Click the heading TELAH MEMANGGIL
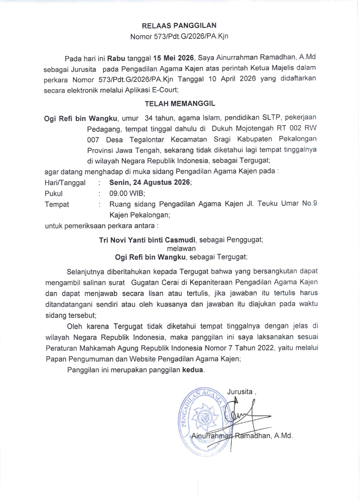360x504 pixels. pyautogui.click(x=180, y=104)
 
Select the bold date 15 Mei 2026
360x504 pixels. pyautogui.click(x=173, y=59)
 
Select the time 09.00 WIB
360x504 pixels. pyautogui.click(x=126, y=193)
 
